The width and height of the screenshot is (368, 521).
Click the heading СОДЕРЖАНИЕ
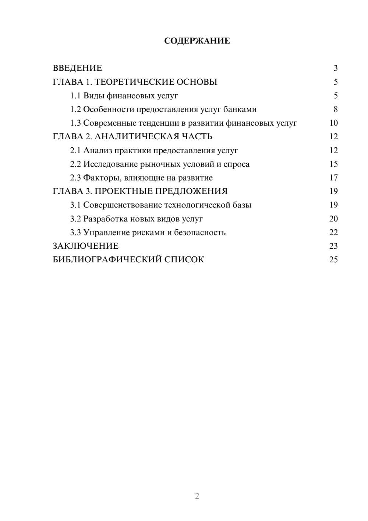pos(197,41)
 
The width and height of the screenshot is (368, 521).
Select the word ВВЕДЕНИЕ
pos(77,68)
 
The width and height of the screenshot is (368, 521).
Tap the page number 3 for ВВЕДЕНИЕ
pos(336,68)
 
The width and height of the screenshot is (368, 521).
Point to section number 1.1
pos(75,96)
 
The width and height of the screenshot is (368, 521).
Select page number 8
pos(336,109)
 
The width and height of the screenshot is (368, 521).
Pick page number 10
pos(333,123)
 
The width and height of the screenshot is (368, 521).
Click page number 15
pos(333,164)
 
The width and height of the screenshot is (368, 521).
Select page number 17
pos(333,178)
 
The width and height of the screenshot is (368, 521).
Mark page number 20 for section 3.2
pos(333,219)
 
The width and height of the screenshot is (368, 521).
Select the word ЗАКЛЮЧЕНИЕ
pos(85,246)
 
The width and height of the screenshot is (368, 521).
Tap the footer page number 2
pos(197,496)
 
